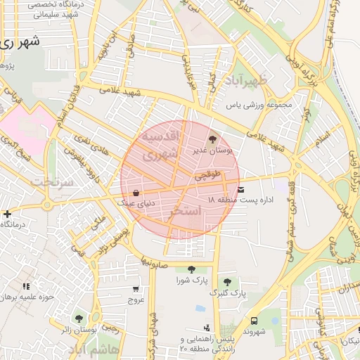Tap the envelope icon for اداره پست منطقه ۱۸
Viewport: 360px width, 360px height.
pyautogui.click(x=241, y=189)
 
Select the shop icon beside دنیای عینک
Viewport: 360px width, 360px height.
pyautogui.click(x=135, y=192)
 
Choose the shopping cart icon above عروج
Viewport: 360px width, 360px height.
pyautogui.click(x=136, y=288)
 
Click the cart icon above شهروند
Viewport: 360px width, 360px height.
pyautogui.click(x=253, y=320)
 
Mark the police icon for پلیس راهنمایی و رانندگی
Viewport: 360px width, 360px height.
pyautogui.click(x=206, y=327)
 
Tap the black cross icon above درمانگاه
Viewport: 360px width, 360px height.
pyautogui.click(x=7, y=214)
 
